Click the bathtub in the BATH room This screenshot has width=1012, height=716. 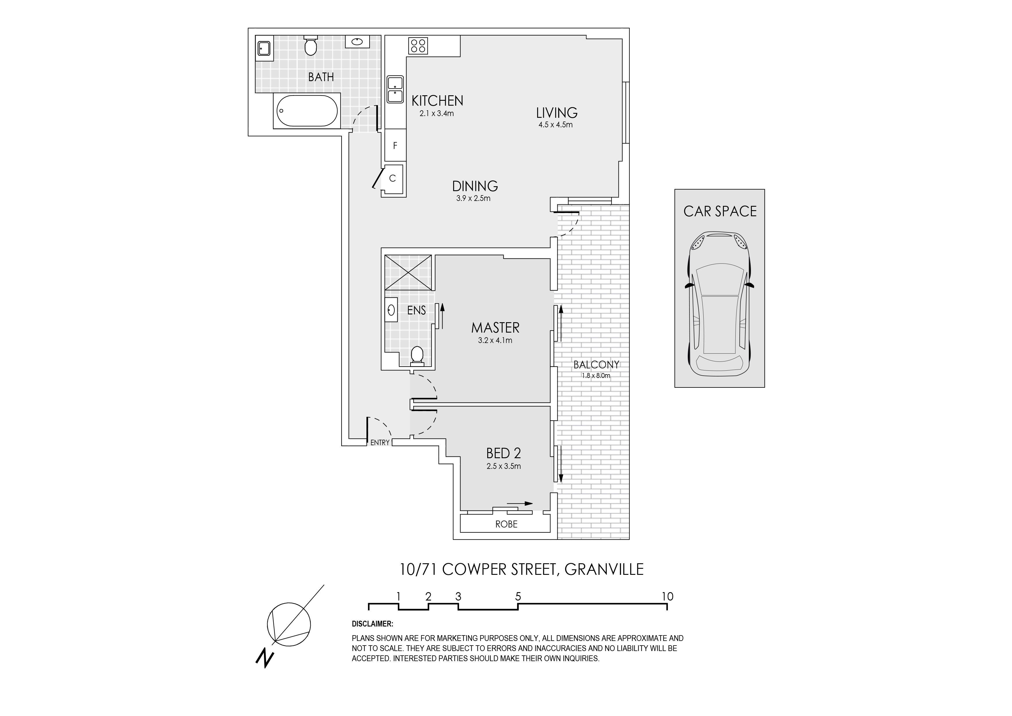click(307, 111)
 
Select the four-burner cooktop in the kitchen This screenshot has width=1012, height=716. click(418, 45)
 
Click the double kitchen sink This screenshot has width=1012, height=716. click(396, 89)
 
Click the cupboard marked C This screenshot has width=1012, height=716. click(393, 179)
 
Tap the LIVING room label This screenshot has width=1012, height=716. click(557, 113)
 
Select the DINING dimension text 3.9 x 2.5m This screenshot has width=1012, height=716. click(473, 199)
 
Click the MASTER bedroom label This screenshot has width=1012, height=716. click(495, 328)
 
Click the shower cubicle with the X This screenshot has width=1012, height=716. click(408, 272)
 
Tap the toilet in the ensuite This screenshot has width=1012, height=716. click(417, 356)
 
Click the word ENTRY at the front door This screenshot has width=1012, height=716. click(380, 443)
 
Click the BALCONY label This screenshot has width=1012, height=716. click(596, 365)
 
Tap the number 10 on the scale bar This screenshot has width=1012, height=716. click(667, 596)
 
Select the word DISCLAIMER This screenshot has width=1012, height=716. click(372, 624)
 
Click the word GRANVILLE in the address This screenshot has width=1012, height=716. click(604, 570)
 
